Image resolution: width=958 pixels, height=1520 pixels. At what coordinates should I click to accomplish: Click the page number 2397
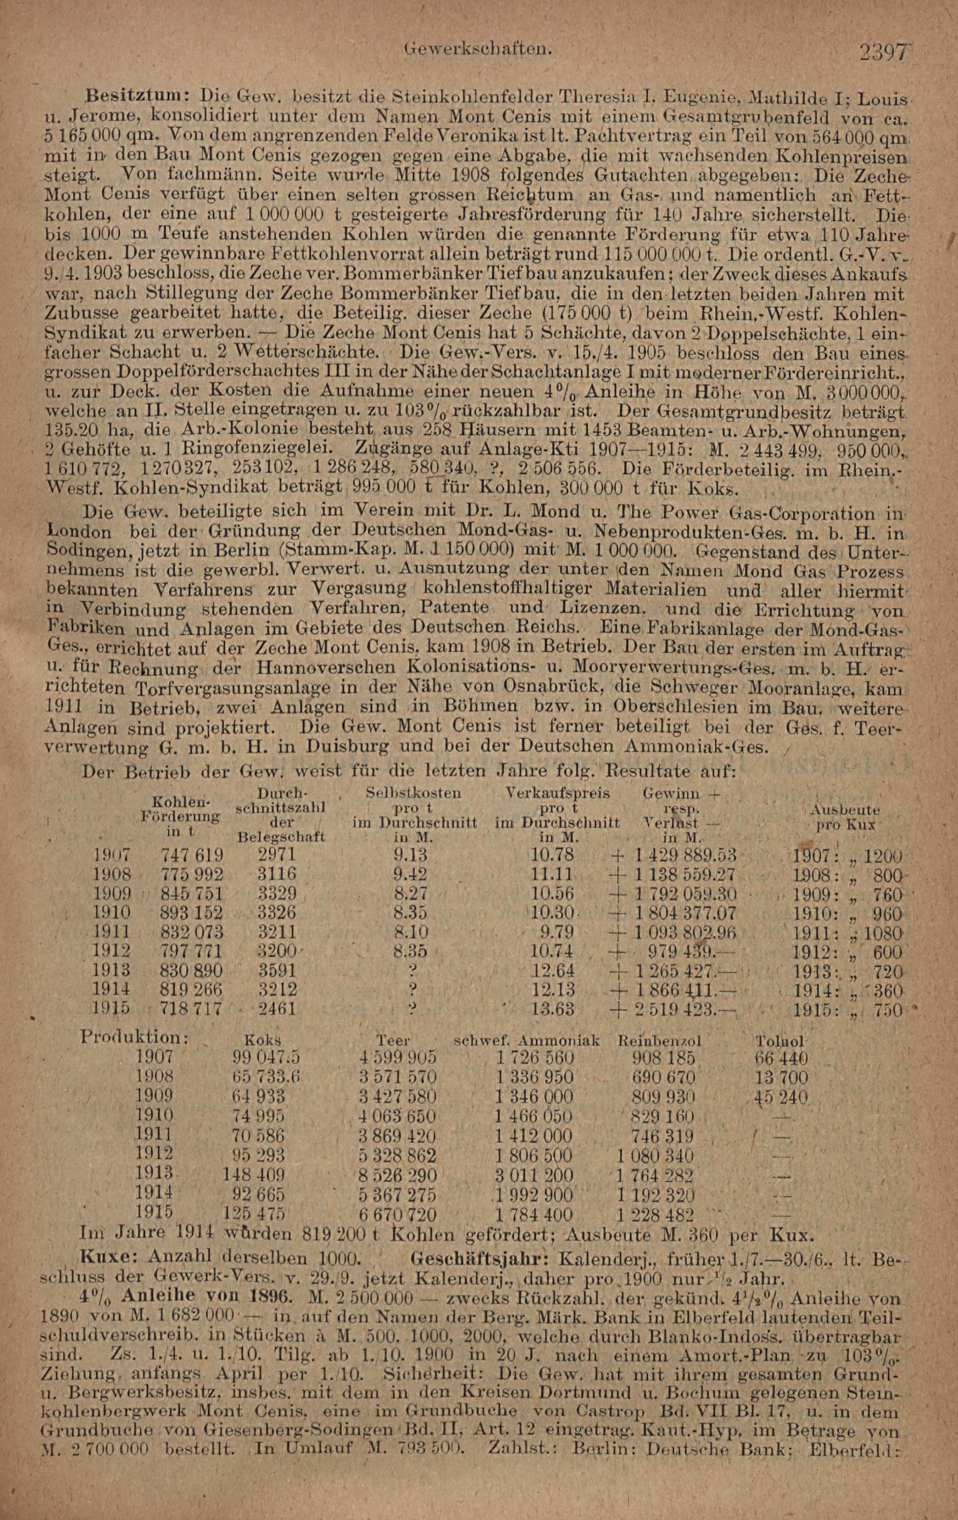885,52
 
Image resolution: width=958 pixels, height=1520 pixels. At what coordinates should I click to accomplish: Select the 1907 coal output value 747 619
192,855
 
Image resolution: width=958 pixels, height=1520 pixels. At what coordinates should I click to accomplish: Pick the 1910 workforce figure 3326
277,913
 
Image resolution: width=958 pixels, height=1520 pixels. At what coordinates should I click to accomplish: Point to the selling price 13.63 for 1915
553,1009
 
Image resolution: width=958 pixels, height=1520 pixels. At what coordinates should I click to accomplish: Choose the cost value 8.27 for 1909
410,894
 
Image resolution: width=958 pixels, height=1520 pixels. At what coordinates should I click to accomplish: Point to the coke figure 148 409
254,1176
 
